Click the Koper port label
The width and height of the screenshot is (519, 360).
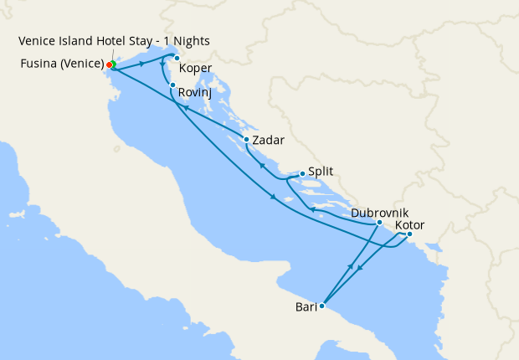click(195, 69)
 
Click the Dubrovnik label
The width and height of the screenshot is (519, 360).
click(379, 213)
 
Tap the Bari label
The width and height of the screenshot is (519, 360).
click(306, 307)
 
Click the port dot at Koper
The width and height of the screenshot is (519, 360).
click(177, 58)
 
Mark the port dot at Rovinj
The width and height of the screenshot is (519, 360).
click(172, 85)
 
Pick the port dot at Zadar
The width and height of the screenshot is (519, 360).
click(246, 140)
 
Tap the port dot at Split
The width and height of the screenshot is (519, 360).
click(302, 174)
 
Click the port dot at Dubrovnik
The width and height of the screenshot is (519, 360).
click(379, 223)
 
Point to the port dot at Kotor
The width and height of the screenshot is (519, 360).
click(409, 234)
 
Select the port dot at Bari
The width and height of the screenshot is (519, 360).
click(321, 306)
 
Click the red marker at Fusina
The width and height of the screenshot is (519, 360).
click(109, 64)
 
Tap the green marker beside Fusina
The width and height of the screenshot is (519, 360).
click(113, 64)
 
